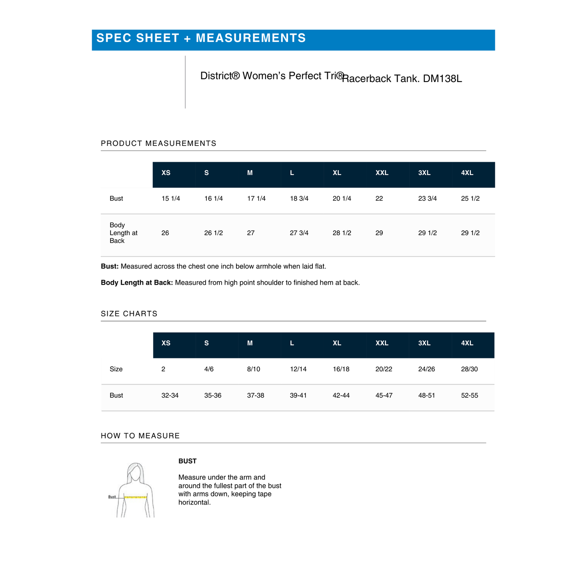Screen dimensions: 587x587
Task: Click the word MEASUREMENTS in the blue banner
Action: [251, 38]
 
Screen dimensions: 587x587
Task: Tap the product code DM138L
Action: [442, 79]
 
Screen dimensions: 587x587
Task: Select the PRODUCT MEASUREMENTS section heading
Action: [158, 143]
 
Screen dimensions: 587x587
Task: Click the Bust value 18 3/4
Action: [299, 199]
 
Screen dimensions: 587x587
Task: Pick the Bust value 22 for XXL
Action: [379, 199]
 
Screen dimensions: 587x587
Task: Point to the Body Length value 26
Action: [165, 233]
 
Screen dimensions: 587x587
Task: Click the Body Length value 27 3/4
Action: [299, 233]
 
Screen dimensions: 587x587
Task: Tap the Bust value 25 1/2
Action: [470, 199]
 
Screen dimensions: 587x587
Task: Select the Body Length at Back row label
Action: [123, 233]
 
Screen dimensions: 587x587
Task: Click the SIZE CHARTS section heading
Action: [129, 314]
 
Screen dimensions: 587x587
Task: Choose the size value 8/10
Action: [253, 369]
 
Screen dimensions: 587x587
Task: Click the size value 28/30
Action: [469, 369]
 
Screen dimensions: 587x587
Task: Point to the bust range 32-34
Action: [170, 396]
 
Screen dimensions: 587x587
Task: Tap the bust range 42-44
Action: [341, 396]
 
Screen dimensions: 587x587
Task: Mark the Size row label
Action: [116, 369]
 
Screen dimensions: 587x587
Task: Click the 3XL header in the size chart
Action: [424, 343]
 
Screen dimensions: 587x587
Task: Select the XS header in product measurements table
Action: [166, 173]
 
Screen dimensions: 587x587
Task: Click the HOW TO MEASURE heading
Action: [140, 436]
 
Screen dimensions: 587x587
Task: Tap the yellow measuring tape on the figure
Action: [135, 496]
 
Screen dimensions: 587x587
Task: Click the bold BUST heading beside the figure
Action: [187, 461]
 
